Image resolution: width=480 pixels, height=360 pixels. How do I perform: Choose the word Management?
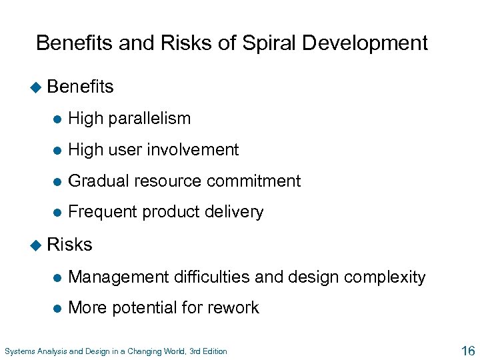(x=118, y=277)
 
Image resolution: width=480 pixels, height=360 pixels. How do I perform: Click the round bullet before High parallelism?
(x=58, y=119)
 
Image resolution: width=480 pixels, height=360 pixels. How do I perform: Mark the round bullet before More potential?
(x=58, y=308)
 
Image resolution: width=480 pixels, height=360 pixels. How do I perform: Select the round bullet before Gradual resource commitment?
(x=58, y=181)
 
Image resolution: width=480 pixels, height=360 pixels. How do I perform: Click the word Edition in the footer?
(x=214, y=351)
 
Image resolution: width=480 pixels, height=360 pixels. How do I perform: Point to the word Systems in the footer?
(x=19, y=351)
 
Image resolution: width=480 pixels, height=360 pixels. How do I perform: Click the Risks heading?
(x=70, y=245)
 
